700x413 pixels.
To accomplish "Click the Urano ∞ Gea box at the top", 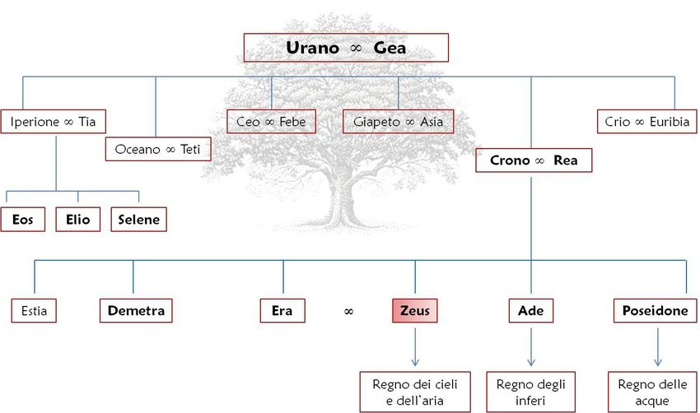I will click(346, 48).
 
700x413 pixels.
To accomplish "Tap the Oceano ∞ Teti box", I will click(159, 149).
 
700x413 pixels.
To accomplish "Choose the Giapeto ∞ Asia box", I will click(398, 122).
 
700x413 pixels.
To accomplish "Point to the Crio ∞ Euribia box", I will click(646, 122).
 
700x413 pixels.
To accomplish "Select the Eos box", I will click(22, 220).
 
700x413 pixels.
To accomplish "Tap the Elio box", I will click(78, 220).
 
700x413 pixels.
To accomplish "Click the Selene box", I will click(138, 220).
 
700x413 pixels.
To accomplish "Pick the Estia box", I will click(34, 311).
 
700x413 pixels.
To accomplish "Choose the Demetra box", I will click(136, 311).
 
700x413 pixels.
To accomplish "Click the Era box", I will click(282, 311).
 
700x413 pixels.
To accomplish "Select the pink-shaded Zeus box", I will click(414, 311).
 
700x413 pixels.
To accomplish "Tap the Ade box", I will click(530, 311).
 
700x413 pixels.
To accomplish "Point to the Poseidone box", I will click(656, 311).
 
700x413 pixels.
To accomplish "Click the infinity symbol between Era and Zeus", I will click(348, 312).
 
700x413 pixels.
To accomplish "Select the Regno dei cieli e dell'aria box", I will click(414, 392).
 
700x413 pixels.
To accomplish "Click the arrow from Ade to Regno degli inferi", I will click(530, 346).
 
